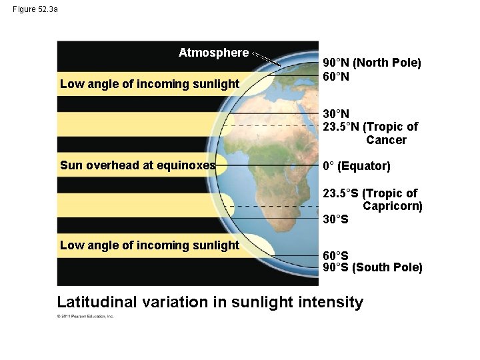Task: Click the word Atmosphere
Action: [x=213, y=53]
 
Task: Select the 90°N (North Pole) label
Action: [x=372, y=63]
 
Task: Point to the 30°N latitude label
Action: [x=337, y=114]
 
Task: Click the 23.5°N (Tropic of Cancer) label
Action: [x=371, y=127]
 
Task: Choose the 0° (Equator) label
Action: [x=357, y=165]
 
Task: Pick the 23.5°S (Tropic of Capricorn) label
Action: [x=371, y=194]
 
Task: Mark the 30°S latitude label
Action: [x=336, y=219]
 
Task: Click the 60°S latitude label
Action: [x=336, y=255]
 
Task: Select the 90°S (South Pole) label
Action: [x=373, y=267]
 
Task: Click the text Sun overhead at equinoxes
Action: [x=138, y=165]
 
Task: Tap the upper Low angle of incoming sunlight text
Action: [x=149, y=84]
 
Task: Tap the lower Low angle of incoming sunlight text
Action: [x=149, y=245]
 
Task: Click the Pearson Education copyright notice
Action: [x=85, y=316]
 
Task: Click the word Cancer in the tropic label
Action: [x=386, y=140]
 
